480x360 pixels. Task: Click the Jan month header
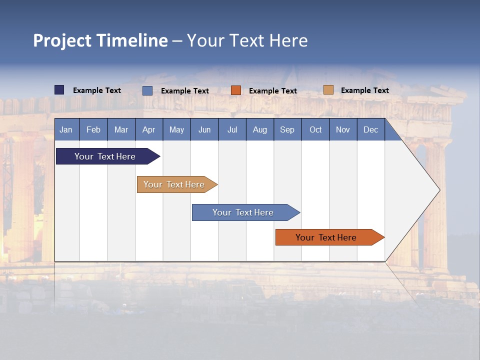(x=66, y=129)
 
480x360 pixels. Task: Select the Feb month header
(x=93, y=129)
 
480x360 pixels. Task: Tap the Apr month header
(x=149, y=129)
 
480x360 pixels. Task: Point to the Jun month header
(x=204, y=129)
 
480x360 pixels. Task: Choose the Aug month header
(x=260, y=129)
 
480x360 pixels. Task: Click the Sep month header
(x=287, y=129)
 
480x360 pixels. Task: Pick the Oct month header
(x=315, y=129)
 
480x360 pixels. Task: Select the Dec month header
(x=371, y=129)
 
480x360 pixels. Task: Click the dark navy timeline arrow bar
(x=105, y=156)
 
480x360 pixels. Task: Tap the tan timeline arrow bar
(x=174, y=184)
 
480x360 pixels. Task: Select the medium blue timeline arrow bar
(x=243, y=212)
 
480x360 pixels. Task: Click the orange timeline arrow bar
(x=326, y=237)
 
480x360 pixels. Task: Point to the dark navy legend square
(x=59, y=90)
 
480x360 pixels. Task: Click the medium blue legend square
(x=147, y=90)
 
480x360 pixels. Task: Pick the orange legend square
(x=236, y=90)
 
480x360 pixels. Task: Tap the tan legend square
(x=328, y=90)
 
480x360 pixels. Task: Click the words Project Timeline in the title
(x=100, y=40)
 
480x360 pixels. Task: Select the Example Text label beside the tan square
(x=364, y=90)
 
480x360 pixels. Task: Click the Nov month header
(x=343, y=129)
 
